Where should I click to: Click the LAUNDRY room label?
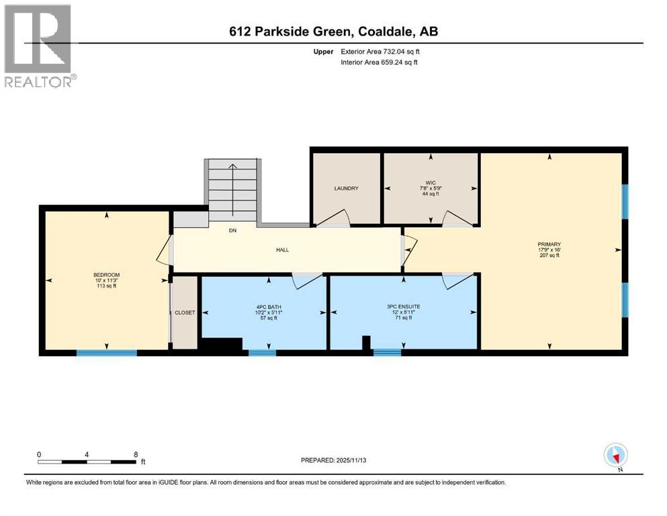tap(346, 188)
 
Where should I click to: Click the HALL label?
tap(282, 249)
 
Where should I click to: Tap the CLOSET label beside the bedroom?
tap(185, 312)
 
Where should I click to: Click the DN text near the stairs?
tap(232, 230)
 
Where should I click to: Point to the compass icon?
tap(615, 456)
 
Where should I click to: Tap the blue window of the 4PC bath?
tap(262, 352)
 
